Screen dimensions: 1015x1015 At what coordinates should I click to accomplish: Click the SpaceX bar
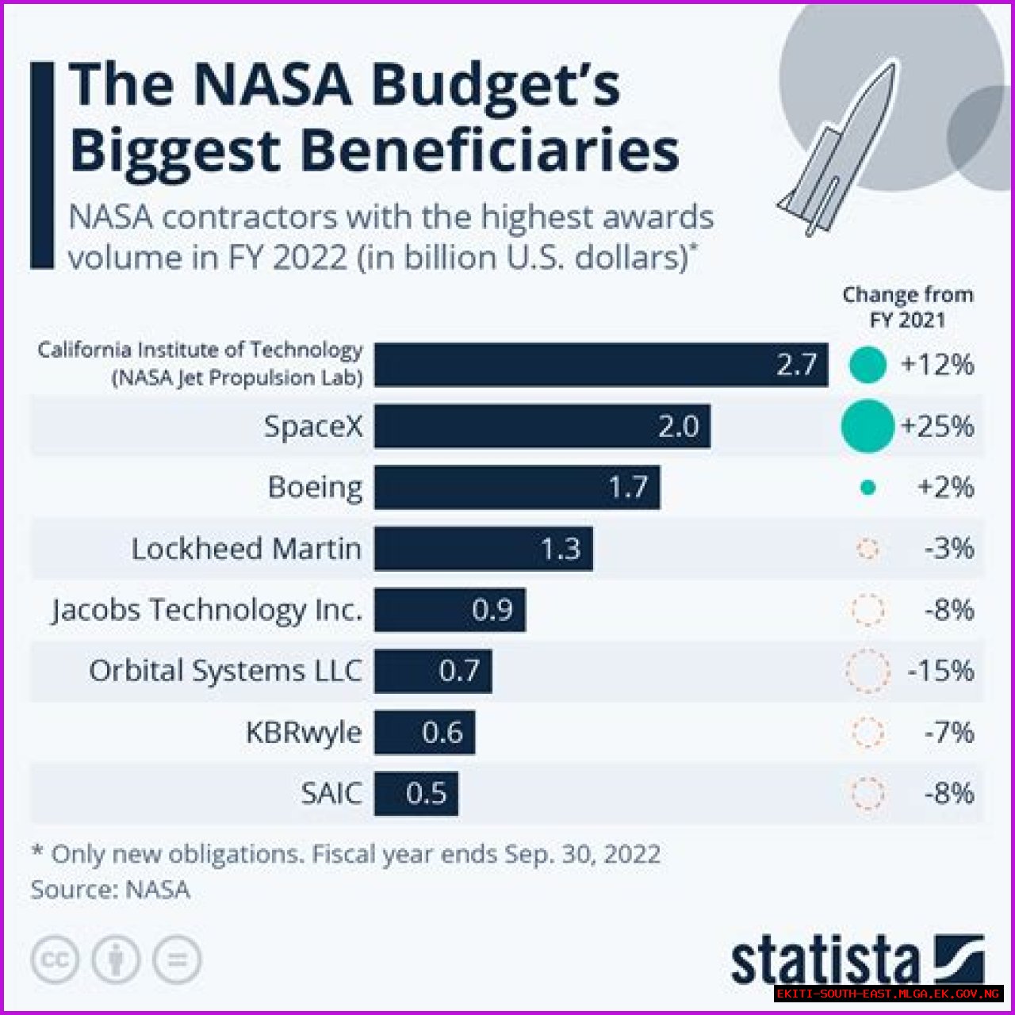(x=542, y=427)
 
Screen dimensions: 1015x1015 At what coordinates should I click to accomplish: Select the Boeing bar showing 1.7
(x=517, y=487)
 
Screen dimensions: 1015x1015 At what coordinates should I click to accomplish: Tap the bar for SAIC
(x=416, y=793)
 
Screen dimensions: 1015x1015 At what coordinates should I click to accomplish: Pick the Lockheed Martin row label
(x=246, y=549)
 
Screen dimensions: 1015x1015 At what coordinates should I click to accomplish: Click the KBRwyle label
(x=304, y=732)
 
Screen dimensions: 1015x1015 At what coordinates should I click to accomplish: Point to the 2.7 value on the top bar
(x=796, y=365)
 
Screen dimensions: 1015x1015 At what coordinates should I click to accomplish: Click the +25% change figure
(x=937, y=427)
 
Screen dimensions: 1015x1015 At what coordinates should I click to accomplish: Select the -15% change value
(x=940, y=671)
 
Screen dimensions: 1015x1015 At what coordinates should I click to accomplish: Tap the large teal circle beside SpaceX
(x=868, y=427)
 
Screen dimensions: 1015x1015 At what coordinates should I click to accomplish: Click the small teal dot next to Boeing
(x=868, y=488)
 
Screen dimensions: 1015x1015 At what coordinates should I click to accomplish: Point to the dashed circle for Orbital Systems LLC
(x=868, y=671)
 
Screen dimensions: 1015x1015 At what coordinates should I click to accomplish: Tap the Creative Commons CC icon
(x=55, y=960)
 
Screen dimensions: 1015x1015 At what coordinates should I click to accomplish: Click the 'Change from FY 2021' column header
(x=907, y=307)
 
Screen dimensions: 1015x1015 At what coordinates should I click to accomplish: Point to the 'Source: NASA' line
(x=110, y=889)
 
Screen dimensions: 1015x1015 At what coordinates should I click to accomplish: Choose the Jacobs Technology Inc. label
(x=207, y=610)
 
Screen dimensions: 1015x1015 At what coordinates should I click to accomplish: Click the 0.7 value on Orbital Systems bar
(x=459, y=671)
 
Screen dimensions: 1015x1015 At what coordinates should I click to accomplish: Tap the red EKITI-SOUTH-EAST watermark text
(x=887, y=994)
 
